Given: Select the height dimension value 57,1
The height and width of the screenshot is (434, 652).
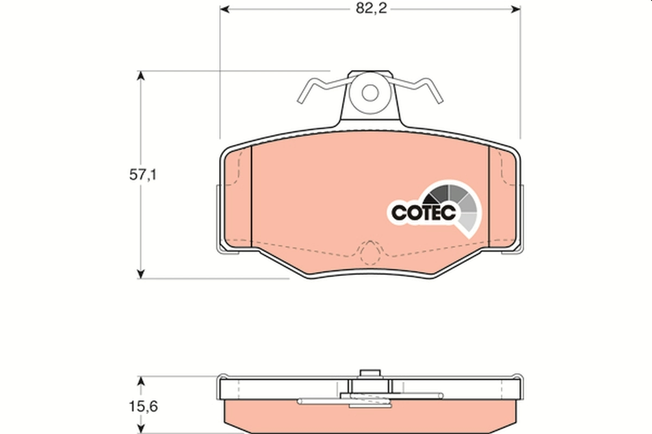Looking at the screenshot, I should coord(142,175).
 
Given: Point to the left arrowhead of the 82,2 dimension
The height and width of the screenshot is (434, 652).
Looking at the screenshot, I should coord(224,9).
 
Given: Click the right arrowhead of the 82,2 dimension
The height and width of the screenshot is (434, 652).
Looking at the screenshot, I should coord(516,9).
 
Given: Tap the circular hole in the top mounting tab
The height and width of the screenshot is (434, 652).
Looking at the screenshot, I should coord(371,92).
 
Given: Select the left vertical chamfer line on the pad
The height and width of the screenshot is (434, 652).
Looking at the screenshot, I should coord(253,195).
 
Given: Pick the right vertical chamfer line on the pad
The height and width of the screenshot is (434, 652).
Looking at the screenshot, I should coord(489,195).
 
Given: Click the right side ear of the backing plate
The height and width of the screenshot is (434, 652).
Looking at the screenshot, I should coord(522,217).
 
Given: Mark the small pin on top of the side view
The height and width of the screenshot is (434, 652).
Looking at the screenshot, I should coord(370,373).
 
